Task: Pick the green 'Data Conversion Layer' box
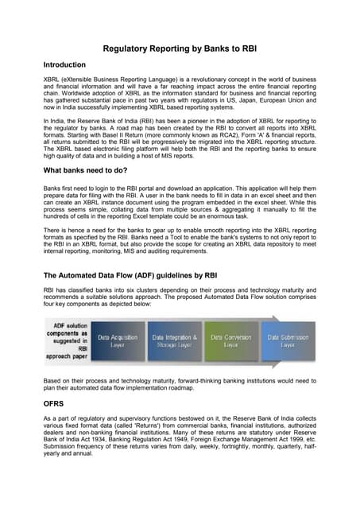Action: tap(230, 341)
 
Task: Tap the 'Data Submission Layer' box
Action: tap(288, 341)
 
